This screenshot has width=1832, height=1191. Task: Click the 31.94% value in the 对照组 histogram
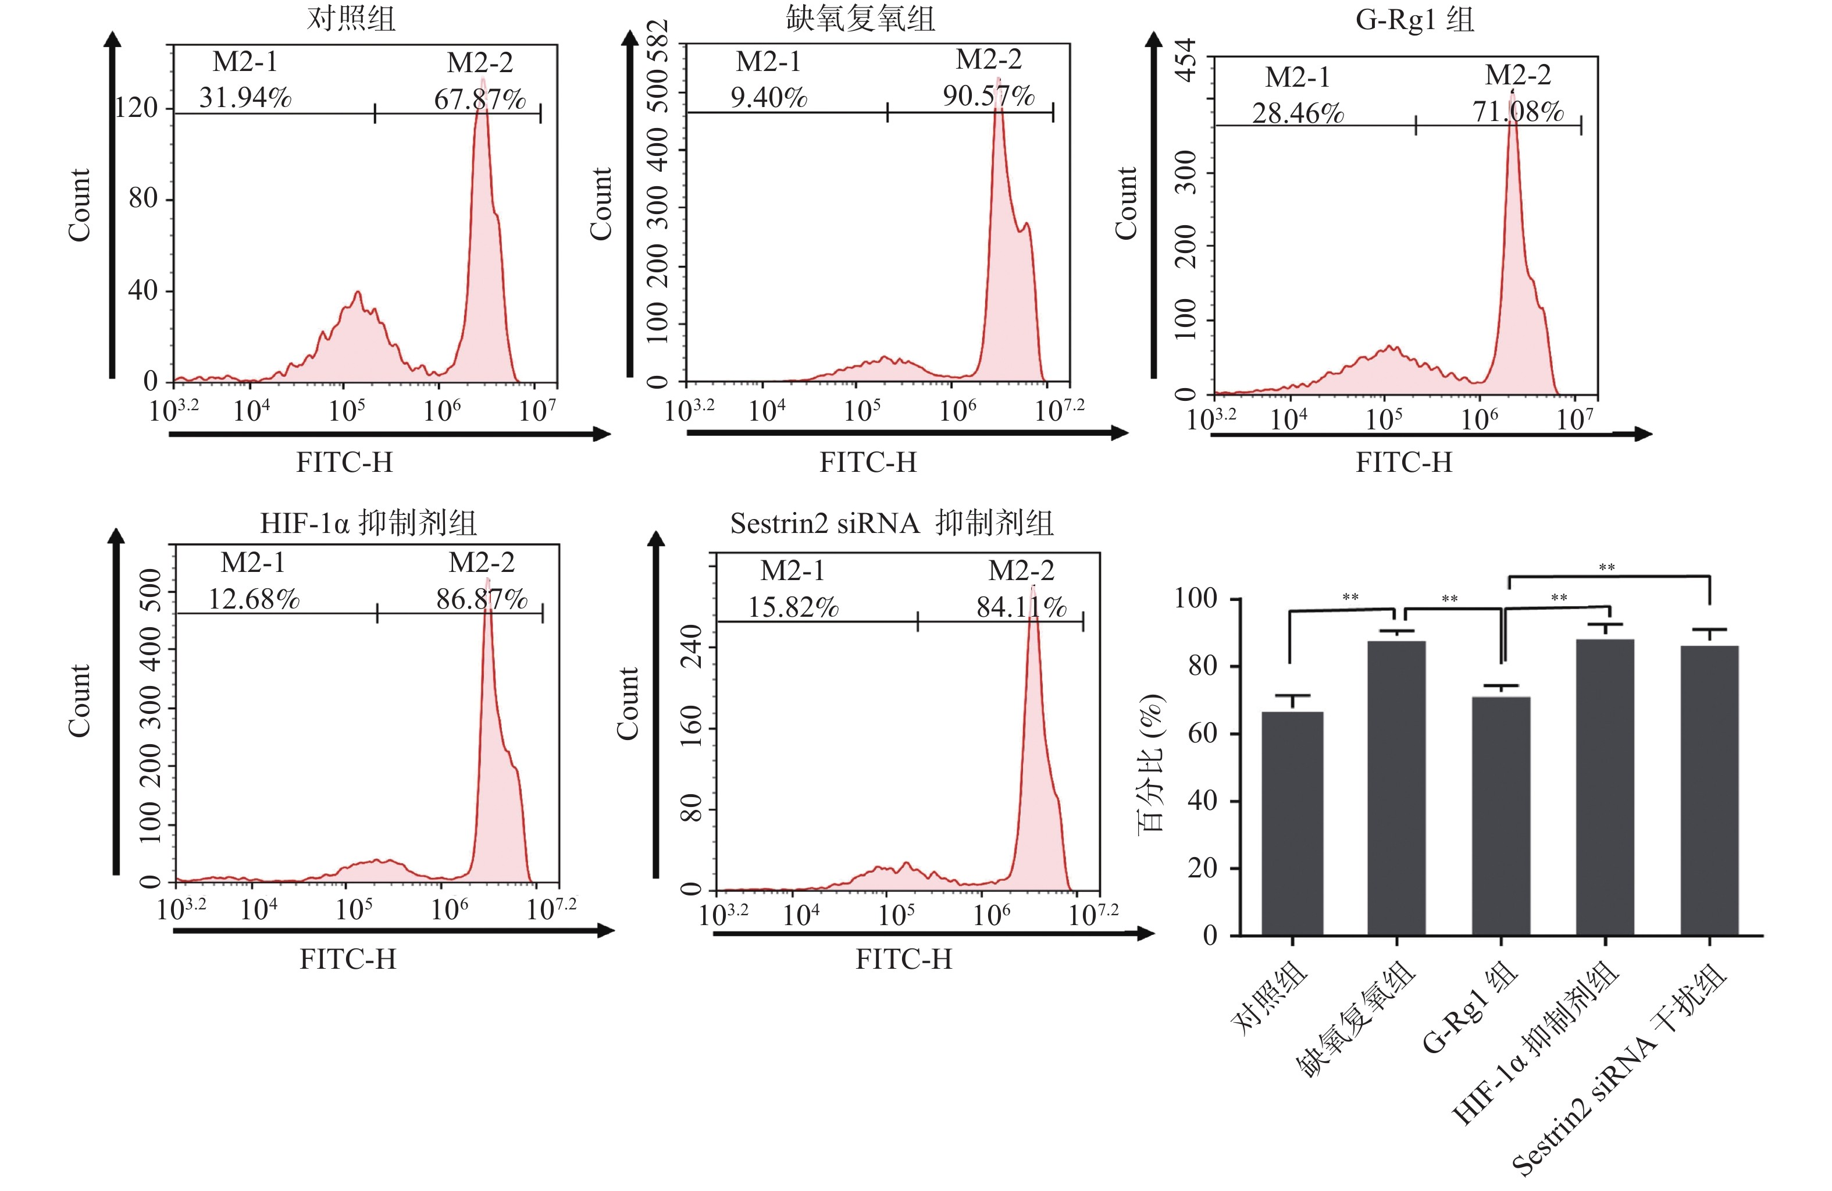pos(245,98)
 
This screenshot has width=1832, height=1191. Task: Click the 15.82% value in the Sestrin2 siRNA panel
pos(793,607)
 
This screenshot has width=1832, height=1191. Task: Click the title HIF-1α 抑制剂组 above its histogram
pos(368,524)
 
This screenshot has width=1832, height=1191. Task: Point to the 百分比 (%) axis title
pos(1151,762)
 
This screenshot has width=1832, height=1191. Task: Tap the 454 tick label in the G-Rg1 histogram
pos(1187,59)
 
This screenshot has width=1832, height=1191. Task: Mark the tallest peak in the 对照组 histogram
pos(483,80)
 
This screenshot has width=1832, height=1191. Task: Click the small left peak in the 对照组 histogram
pos(357,294)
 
